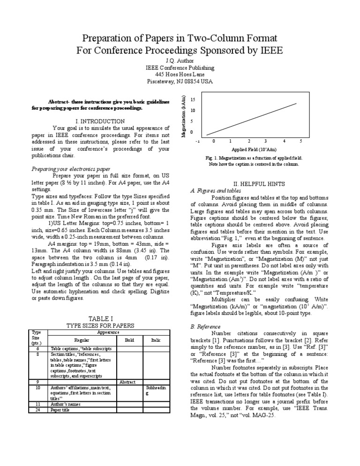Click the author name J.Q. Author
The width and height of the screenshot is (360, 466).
point(180,61)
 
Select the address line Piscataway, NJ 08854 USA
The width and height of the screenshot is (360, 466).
point(180,81)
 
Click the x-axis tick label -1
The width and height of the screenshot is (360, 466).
point(198,141)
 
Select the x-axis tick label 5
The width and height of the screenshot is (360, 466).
point(300,141)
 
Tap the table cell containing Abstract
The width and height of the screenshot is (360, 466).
point(127,382)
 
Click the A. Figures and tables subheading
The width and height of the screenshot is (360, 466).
point(216,191)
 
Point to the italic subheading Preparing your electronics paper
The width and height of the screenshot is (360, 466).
point(71,169)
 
